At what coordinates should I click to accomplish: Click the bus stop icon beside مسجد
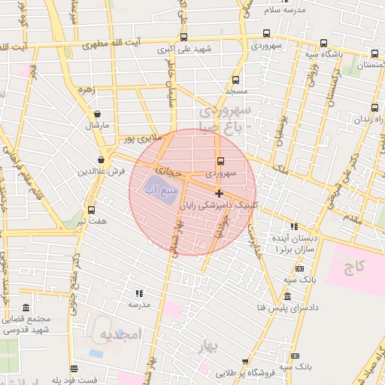(x=235, y=80)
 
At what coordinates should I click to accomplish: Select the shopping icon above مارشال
(x=97, y=114)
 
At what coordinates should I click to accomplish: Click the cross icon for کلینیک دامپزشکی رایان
(x=219, y=193)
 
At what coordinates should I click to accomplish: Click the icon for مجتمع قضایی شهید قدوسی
(x=26, y=308)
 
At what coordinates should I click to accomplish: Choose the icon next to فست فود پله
(x=74, y=369)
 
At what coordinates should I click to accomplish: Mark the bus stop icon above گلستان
(x=375, y=55)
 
